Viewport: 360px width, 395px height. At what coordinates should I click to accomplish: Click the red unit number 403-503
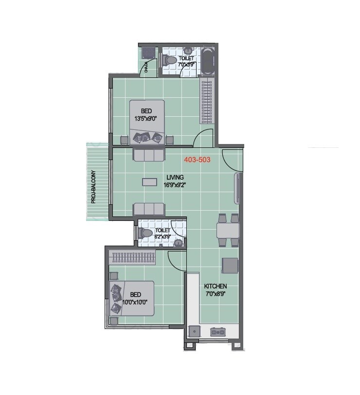(x=197, y=159)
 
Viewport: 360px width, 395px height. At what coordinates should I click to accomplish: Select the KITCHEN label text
(x=215, y=286)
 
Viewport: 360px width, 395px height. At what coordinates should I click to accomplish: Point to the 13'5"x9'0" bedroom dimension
(x=146, y=118)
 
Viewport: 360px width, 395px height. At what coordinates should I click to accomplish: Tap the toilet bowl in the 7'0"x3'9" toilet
(x=170, y=60)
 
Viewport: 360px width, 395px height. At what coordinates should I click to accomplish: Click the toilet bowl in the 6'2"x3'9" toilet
(x=146, y=233)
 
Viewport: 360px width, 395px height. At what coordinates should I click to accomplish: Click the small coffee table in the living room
(x=149, y=181)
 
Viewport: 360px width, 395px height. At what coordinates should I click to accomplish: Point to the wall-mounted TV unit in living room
(x=237, y=188)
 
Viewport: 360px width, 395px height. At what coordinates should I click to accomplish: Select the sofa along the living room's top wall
(x=149, y=155)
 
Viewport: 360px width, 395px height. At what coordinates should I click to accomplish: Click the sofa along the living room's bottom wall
(x=149, y=209)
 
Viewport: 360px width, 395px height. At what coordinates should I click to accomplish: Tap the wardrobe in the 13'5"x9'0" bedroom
(x=206, y=102)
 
